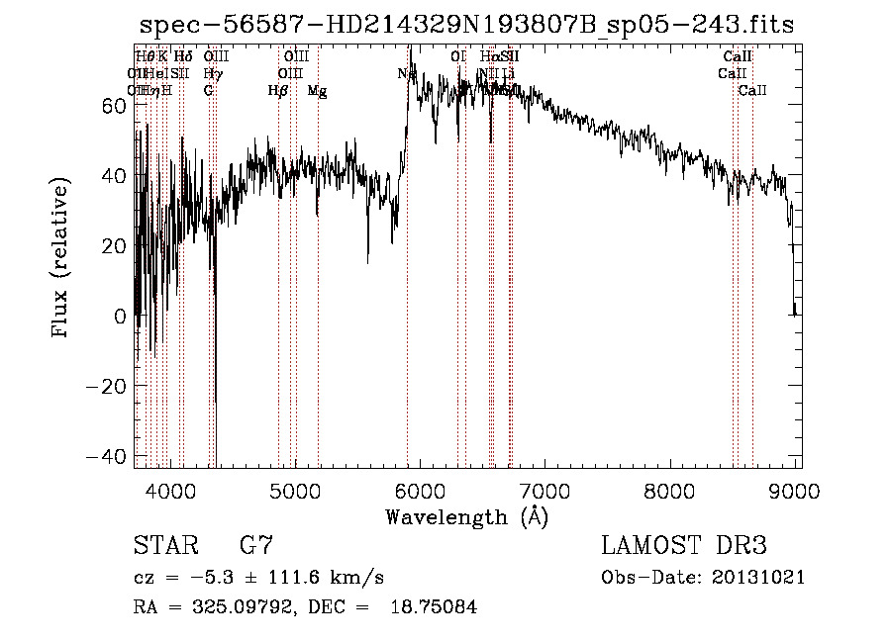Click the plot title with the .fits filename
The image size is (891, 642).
(466, 25)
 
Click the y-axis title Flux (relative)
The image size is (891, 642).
(61, 259)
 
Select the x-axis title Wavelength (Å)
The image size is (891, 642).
(466, 516)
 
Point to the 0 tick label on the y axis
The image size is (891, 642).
(119, 317)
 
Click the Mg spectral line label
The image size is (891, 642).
(317, 91)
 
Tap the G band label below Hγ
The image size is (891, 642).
(209, 91)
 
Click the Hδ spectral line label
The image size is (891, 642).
(183, 56)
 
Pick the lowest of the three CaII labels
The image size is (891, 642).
(752, 91)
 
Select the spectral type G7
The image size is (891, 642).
(256, 546)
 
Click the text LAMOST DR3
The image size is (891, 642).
(684, 546)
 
